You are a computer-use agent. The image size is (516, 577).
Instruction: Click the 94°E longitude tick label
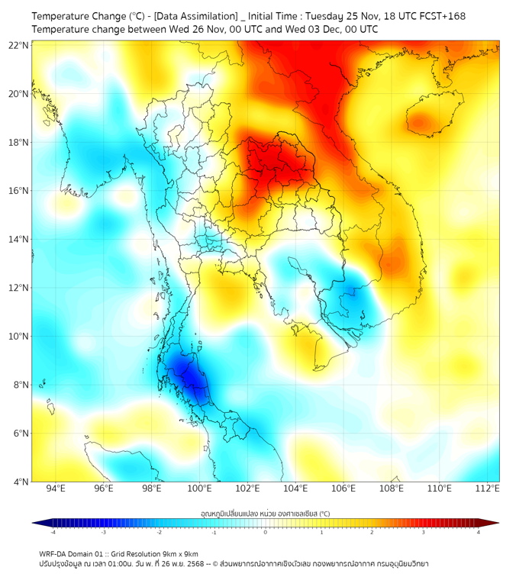(56, 489)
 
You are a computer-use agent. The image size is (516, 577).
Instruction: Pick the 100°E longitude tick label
(200, 489)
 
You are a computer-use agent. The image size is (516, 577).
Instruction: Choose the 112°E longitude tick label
(488, 489)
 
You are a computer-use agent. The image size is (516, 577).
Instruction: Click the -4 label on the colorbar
(53, 532)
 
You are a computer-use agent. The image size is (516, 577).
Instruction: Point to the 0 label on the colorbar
(266, 532)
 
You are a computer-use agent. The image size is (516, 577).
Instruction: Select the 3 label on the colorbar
(425, 532)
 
